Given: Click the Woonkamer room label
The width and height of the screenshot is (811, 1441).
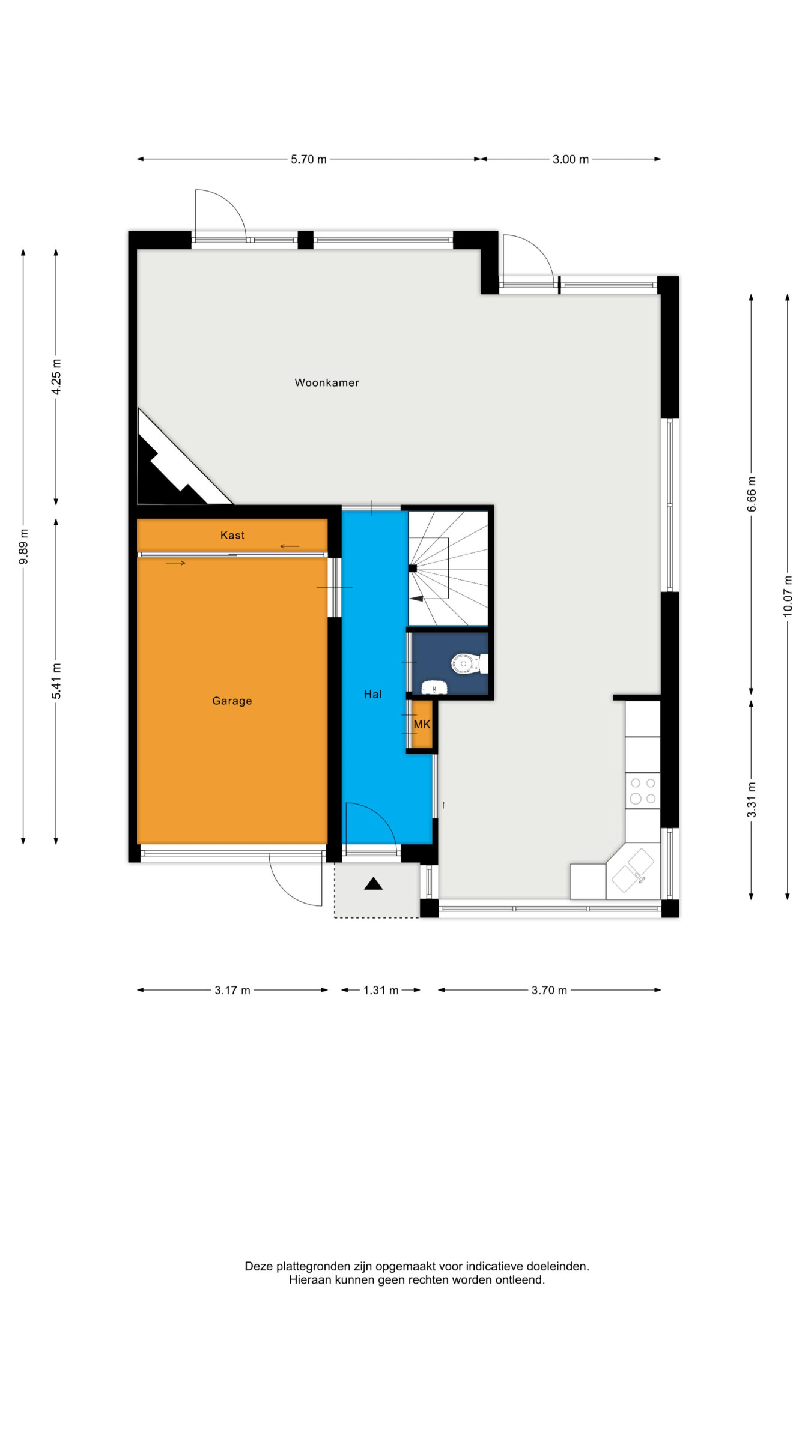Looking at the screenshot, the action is (x=327, y=382).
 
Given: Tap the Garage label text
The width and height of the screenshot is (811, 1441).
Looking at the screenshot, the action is (x=232, y=701).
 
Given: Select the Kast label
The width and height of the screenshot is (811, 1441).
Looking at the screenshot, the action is (x=232, y=535).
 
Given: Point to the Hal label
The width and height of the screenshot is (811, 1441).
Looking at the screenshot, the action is (x=373, y=694).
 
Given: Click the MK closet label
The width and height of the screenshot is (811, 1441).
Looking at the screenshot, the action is (x=422, y=724).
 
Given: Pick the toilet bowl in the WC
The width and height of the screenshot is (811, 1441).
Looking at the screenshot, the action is (x=466, y=663).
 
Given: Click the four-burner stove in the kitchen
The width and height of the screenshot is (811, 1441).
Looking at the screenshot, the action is (x=643, y=791).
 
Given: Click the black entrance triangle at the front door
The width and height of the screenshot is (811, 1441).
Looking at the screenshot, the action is (x=373, y=883).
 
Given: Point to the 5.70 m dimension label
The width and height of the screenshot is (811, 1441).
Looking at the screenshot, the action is (x=309, y=159).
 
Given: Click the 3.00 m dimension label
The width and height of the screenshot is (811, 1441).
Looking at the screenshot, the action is (x=571, y=159).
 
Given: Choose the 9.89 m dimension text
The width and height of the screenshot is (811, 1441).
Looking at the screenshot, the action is (x=23, y=546).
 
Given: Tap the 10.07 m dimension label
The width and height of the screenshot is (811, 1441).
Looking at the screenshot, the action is (x=788, y=596).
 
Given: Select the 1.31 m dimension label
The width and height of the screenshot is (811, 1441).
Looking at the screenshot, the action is (x=381, y=990).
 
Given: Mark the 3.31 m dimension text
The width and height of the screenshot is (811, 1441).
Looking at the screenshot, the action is (x=751, y=800).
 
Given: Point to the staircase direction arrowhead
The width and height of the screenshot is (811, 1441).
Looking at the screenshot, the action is (x=417, y=599).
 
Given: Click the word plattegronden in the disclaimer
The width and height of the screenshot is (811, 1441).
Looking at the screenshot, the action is (x=314, y=1266).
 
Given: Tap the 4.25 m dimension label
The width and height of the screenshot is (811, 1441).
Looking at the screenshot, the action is (x=56, y=377).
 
